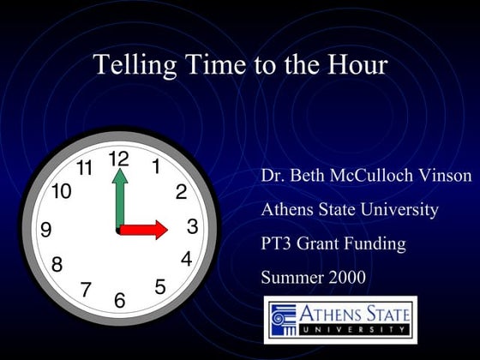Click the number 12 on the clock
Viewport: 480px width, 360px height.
tap(118, 159)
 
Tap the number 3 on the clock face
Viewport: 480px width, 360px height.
tap(192, 226)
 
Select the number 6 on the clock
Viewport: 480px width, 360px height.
tap(119, 300)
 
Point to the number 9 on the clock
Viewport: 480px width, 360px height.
tap(46, 229)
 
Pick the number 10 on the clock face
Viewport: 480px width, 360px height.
tap(61, 191)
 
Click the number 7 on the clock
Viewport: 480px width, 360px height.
tap(86, 290)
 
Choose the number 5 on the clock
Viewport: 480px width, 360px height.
tap(160, 287)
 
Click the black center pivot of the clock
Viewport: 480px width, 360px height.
tap(118, 230)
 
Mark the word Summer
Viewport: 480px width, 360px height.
tap(290, 277)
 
